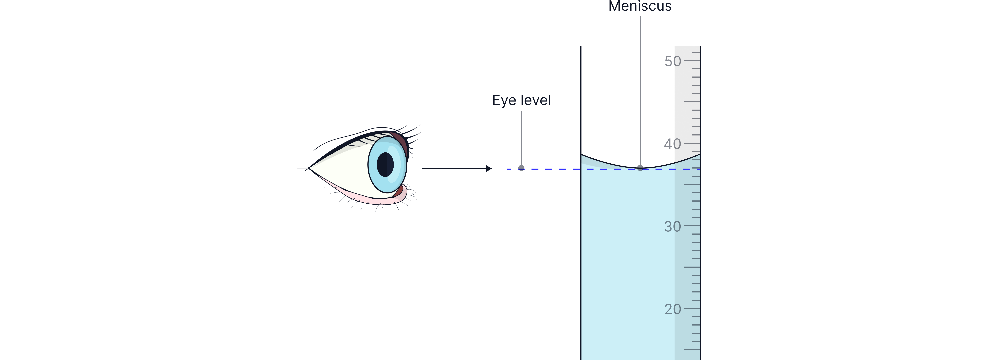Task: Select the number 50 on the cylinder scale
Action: (x=673, y=61)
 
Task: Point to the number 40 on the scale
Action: (x=673, y=144)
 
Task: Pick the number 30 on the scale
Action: (x=673, y=226)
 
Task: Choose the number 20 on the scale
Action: (x=673, y=309)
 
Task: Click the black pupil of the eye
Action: (x=385, y=164)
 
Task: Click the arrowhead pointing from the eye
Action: (x=489, y=169)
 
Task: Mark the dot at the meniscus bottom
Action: (x=640, y=168)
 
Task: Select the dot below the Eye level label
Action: (x=522, y=168)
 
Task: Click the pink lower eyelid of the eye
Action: (x=372, y=200)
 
